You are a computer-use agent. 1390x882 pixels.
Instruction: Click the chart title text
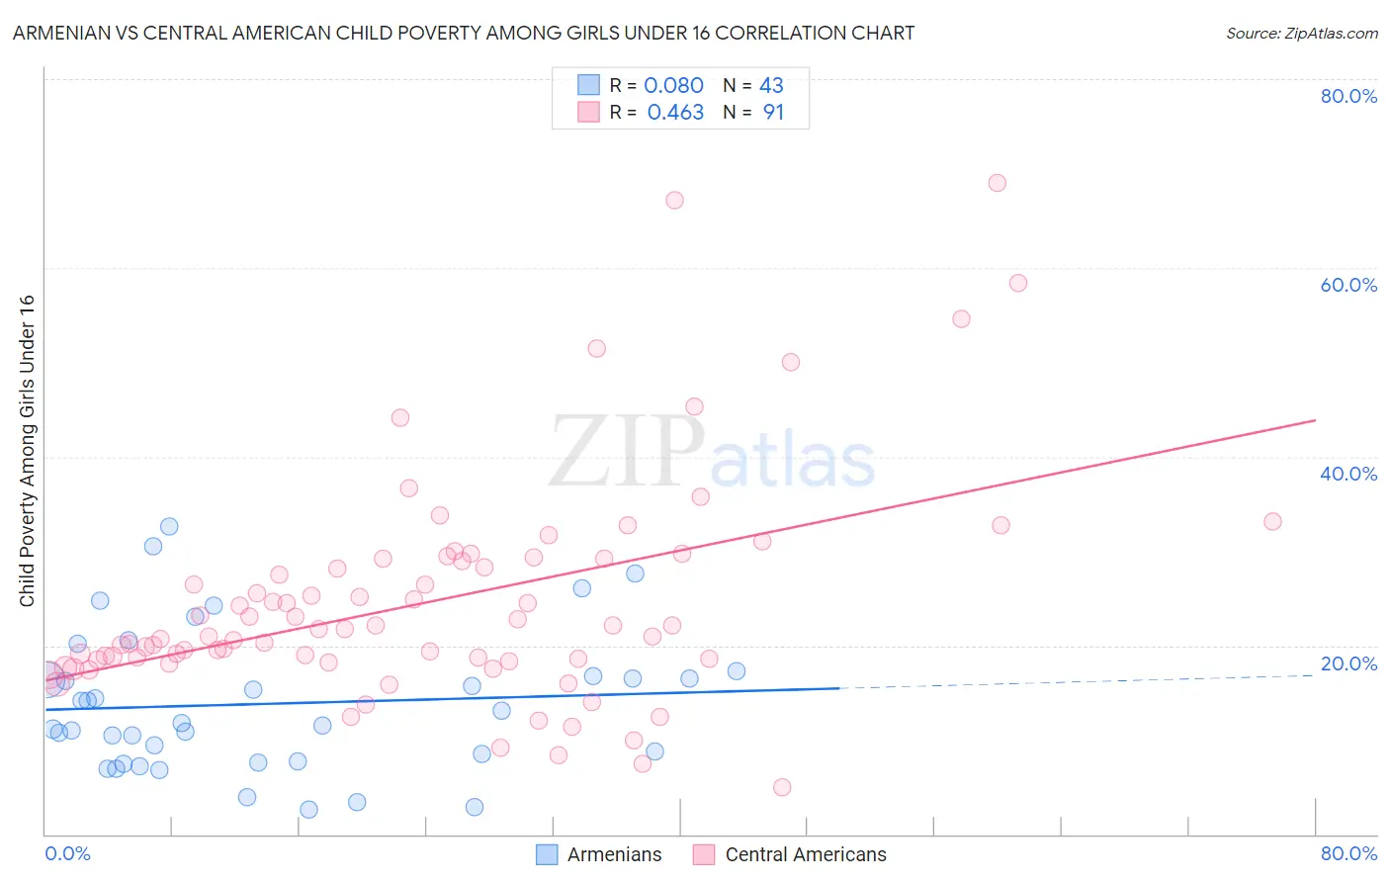point(463,33)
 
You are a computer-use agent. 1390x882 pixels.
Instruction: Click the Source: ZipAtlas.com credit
point(1301,33)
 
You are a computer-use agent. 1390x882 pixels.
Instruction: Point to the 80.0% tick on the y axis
point(1348,96)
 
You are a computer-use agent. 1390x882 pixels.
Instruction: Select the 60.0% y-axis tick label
point(1348,285)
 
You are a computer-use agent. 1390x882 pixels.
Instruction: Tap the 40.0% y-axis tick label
point(1348,474)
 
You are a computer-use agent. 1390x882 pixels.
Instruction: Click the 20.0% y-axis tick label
point(1348,663)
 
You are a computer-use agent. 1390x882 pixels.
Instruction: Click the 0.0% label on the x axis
point(67,853)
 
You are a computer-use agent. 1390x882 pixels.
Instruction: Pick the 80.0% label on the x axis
point(1348,853)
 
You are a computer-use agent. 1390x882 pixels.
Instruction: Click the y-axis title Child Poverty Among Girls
point(27,451)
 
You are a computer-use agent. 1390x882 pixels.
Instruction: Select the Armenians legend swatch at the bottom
point(547,854)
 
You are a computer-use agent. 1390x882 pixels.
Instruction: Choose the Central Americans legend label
point(805,854)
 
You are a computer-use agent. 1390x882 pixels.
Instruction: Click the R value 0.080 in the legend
point(673,86)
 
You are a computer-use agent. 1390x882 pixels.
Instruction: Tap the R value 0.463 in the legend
point(675,113)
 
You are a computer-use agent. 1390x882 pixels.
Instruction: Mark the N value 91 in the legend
point(773,113)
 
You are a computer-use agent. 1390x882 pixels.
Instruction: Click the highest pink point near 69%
point(997,183)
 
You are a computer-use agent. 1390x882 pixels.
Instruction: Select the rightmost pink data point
point(1272,521)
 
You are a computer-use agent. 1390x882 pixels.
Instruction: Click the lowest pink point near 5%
point(782,787)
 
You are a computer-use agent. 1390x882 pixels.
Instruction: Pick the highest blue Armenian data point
point(169,526)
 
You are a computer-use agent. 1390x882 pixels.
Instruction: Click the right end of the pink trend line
point(1315,420)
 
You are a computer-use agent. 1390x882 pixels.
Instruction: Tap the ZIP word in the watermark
point(627,453)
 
